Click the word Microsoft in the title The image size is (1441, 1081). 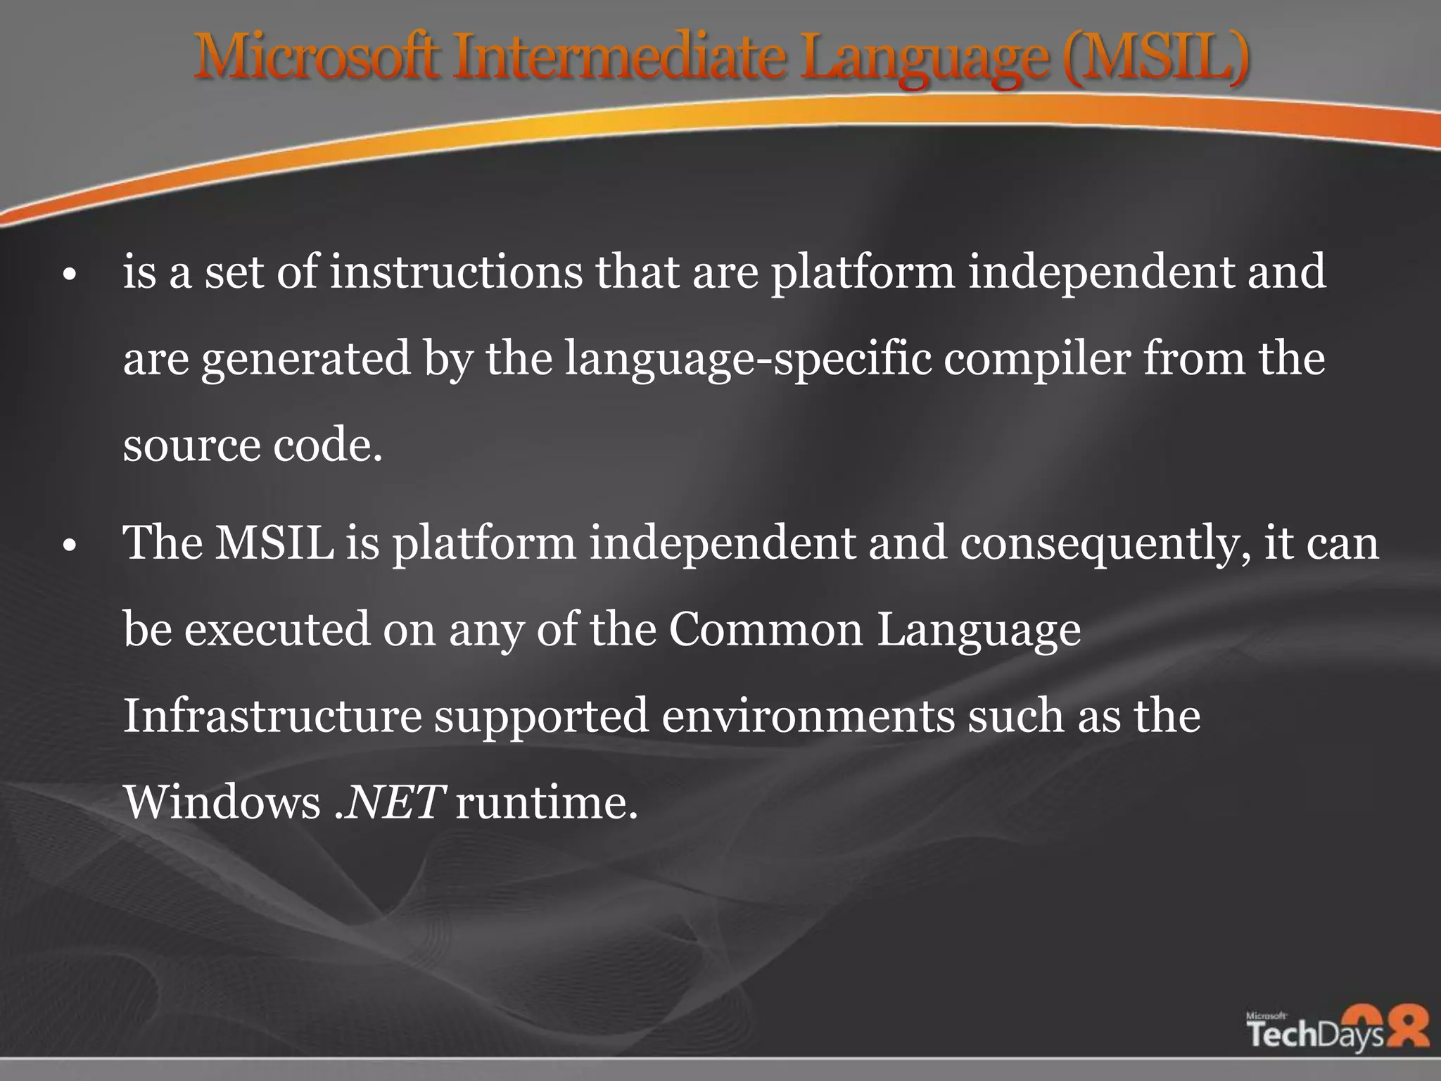[x=317, y=56]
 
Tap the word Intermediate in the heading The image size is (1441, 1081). [x=619, y=56]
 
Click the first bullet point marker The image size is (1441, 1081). [x=68, y=275]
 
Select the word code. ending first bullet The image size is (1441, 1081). [x=328, y=445]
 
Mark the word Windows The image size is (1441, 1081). [x=222, y=802]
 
